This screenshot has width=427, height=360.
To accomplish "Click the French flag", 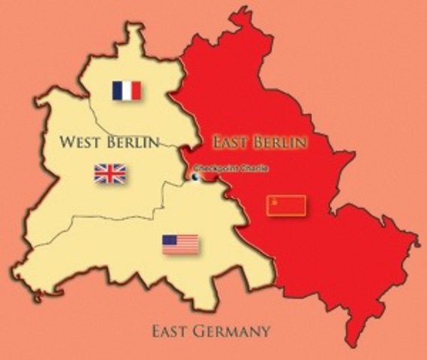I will [x=126, y=91].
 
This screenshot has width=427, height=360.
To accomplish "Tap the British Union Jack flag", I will [x=110, y=174].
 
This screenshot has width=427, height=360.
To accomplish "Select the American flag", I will [x=180, y=244].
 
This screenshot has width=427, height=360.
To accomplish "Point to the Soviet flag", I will [x=287, y=204].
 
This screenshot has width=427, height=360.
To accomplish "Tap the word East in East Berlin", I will [x=230, y=142].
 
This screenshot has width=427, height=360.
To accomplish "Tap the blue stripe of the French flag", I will [x=117, y=91].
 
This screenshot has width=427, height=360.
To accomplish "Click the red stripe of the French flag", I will [x=136, y=91].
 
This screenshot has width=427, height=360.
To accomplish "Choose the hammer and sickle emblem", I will [x=275, y=201].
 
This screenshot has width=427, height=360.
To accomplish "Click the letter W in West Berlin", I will [x=65, y=142].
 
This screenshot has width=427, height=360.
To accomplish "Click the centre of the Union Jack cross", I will [x=110, y=174].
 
